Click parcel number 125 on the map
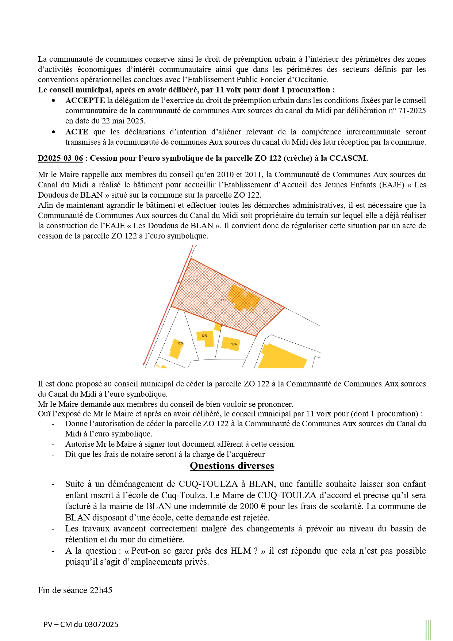point(204,336)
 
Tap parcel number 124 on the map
point(234,344)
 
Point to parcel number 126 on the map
point(180,343)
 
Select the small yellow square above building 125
point(218,327)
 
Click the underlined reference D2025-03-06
point(60,158)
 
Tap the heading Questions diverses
point(232,466)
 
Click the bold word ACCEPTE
point(85,100)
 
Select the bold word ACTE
point(77,132)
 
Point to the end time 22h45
point(101,590)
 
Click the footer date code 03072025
point(101,625)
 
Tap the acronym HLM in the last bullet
point(241,551)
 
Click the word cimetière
point(166,539)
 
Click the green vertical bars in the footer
point(428,630)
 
